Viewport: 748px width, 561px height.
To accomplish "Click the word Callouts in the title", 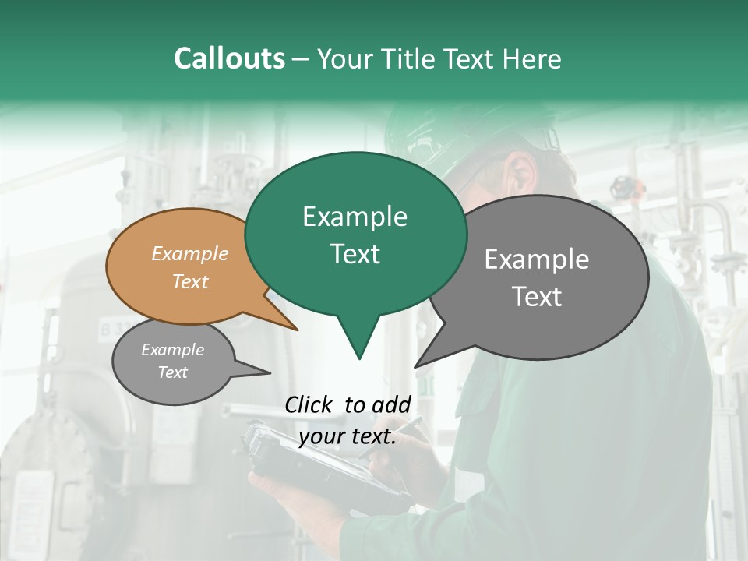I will coord(229,58).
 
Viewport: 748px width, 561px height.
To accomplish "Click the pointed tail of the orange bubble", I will coord(296,330).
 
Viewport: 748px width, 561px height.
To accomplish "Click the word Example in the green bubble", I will coord(355,217).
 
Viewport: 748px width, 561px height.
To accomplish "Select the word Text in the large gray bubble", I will coord(537,297).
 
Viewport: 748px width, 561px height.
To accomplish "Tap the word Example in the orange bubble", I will coord(190,253).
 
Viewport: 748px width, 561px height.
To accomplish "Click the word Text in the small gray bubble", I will coord(172,372).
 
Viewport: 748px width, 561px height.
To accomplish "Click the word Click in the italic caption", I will coord(310,404).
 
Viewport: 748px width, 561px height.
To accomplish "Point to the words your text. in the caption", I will coord(348,436).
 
